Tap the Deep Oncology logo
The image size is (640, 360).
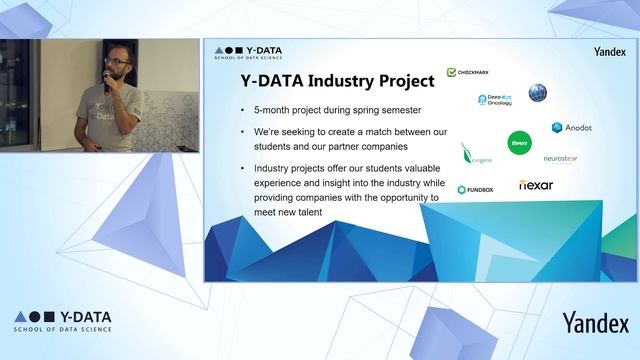point(494,100)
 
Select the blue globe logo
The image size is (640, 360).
point(538,93)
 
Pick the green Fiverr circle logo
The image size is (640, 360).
point(519,143)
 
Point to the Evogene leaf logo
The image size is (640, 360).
point(474,154)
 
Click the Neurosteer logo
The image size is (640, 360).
point(560,158)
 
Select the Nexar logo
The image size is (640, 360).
point(536,185)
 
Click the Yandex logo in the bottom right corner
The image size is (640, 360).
point(595,322)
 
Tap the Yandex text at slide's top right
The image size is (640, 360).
point(609,51)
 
